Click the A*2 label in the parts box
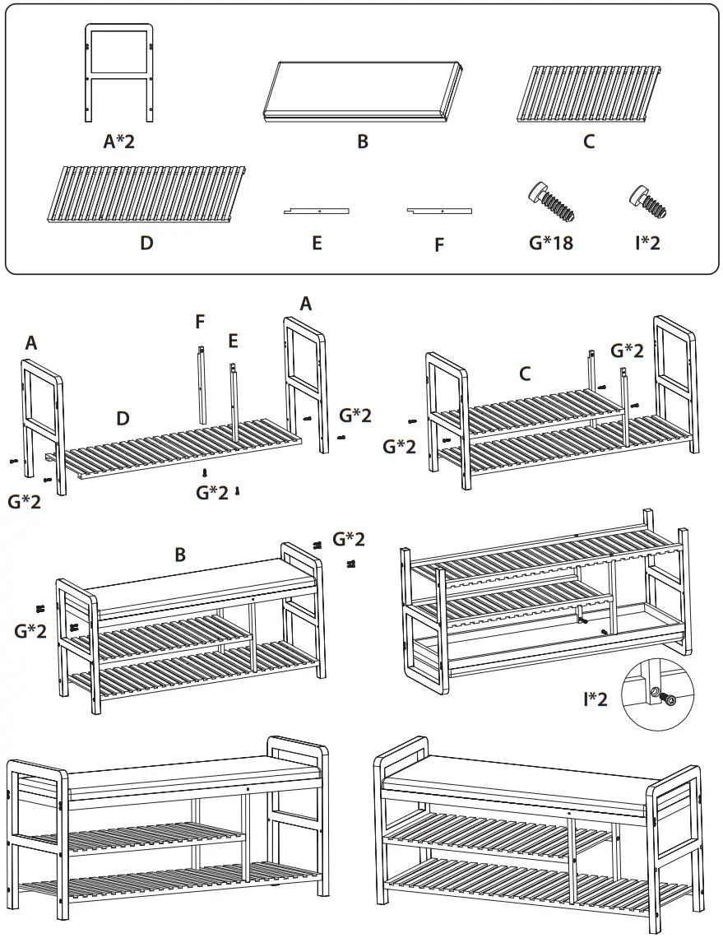click(118, 142)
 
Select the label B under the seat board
click(363, 142)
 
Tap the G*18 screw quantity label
click(550, 243)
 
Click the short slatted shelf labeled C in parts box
click(588, 92)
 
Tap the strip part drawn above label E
click(317, 211)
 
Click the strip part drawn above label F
click(439, 211)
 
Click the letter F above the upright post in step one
click(200, 322)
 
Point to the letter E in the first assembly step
click(234, 340)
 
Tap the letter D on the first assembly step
click(123, 419)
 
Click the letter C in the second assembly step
click(525, 374)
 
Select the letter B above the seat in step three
click(180, 555)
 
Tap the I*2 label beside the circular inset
click(596, 699)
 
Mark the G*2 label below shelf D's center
click(212, 492)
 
